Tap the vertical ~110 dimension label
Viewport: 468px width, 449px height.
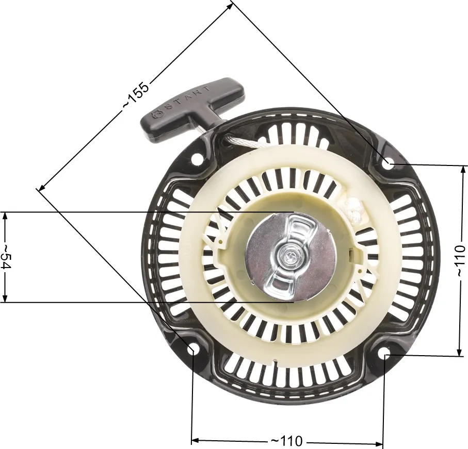(461, 260)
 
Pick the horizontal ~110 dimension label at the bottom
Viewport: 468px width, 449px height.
(286, 441)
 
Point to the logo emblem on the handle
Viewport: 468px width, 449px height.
(157, 114)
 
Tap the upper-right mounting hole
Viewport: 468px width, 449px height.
(389, 163)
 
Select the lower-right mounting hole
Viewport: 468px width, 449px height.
(384, 353)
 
